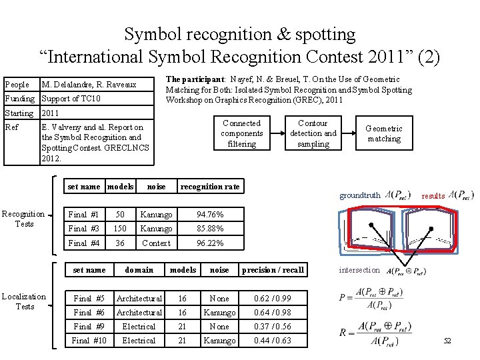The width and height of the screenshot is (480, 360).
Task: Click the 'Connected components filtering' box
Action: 241,133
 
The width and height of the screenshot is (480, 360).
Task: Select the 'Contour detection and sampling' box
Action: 313,133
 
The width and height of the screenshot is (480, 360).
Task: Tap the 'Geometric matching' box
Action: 384,133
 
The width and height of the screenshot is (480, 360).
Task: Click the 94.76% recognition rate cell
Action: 210,215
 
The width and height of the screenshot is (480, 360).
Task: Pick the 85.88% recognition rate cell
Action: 210,229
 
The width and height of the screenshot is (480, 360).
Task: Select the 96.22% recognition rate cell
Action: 210,243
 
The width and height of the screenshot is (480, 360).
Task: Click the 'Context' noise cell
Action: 156,243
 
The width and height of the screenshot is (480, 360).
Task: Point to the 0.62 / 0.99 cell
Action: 273,298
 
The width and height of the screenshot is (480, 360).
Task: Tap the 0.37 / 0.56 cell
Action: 273,327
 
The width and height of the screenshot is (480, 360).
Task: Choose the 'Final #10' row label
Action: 89,341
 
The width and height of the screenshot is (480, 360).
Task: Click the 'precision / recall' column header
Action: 273,270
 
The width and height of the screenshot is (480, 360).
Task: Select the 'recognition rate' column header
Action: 210,187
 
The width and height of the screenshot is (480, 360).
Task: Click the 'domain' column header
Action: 139,270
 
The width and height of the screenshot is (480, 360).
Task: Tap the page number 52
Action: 447,341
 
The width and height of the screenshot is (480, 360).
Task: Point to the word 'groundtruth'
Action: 360,196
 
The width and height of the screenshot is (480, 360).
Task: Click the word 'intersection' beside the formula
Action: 359,271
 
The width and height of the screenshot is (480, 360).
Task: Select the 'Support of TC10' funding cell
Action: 71,99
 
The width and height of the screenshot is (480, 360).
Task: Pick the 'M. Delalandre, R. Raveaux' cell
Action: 89,85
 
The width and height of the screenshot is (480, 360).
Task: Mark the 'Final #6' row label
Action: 89,313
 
